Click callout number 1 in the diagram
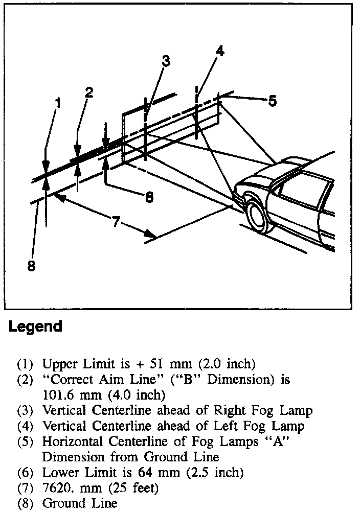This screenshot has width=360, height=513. point(58,103)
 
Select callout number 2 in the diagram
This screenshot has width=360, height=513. point(89,92)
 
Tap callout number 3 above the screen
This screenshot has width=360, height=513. point(166,61)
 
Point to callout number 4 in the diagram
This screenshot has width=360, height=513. point(220,51)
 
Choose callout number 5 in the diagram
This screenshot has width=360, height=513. point(273,101)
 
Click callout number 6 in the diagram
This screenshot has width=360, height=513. point(149,197)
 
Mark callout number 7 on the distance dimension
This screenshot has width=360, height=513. point(116,222)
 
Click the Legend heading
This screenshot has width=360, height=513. point(35,327)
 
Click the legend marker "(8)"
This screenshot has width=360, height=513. point(25,503)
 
